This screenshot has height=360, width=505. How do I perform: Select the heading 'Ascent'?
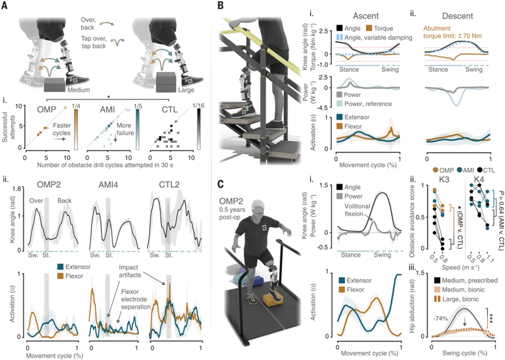pos(366,12)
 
